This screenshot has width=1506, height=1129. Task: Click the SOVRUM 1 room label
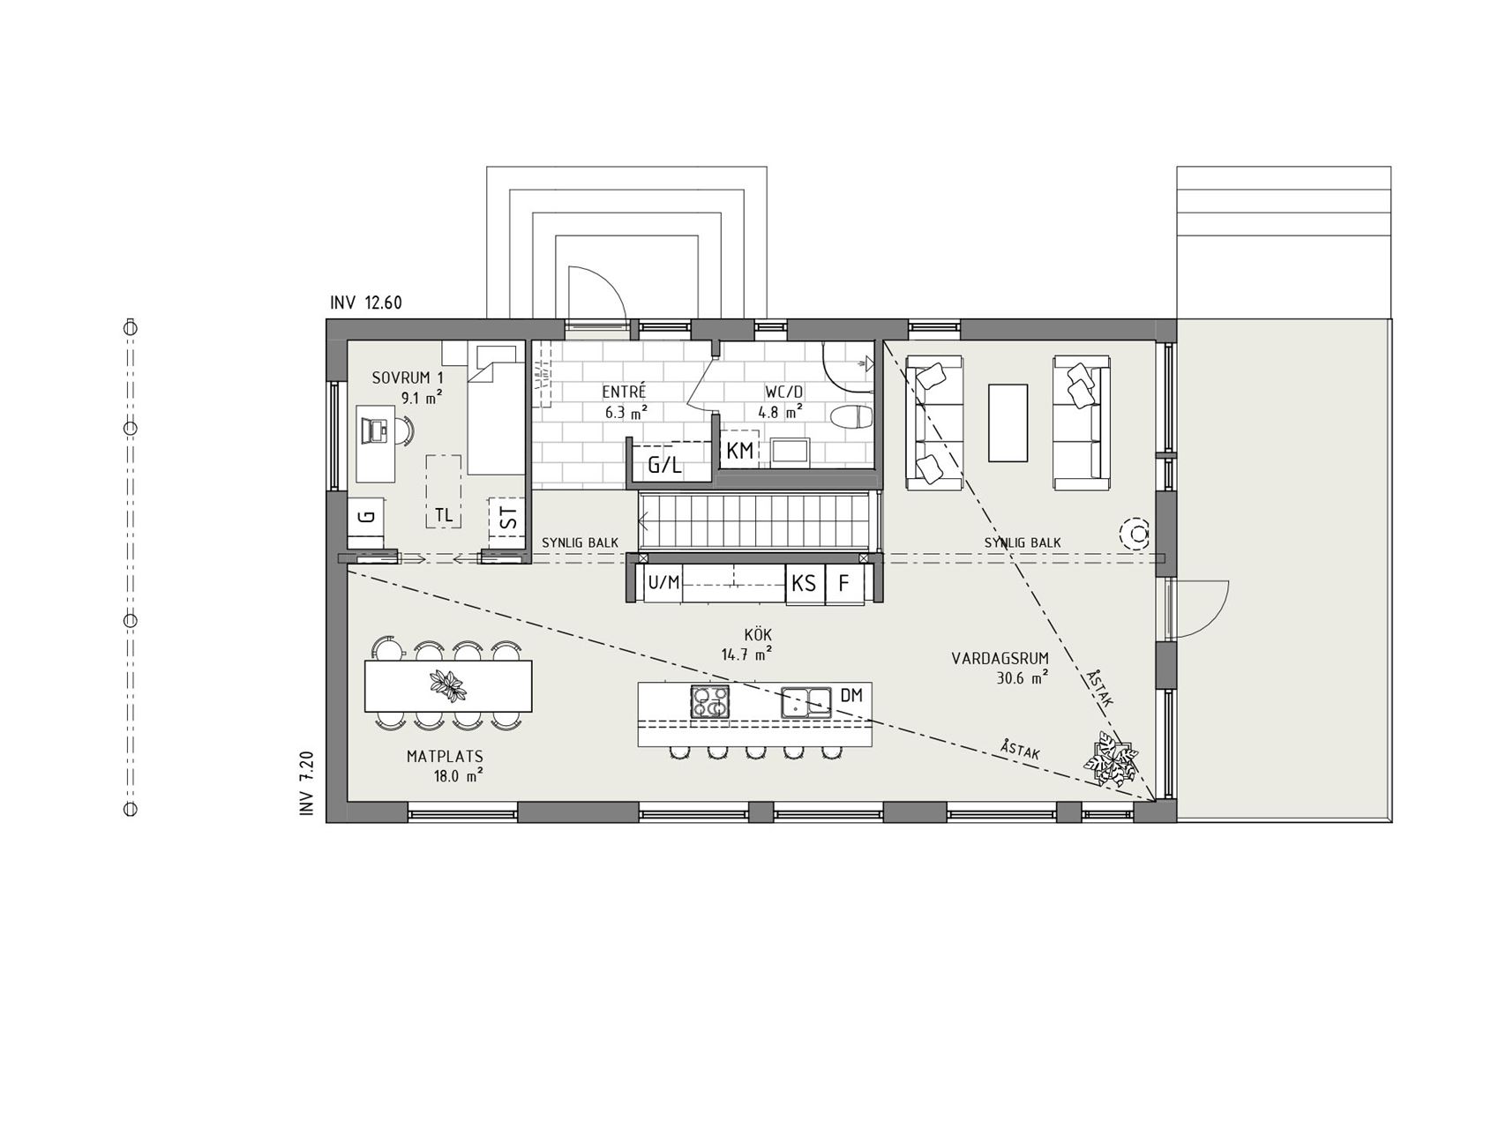[407, 378]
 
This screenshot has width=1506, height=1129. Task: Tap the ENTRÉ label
[625, 392]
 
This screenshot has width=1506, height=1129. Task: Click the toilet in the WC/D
[851, 416]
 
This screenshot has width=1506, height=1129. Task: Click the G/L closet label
[665, 466]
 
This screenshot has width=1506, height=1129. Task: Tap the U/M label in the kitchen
[663, 583]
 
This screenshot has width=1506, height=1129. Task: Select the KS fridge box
[804, 584]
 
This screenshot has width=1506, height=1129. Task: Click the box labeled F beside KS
[844, 584]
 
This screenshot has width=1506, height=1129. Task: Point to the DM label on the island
[850, 696]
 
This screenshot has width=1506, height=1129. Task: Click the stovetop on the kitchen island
[710, 702]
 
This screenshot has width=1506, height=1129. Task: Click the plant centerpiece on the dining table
[449, 685]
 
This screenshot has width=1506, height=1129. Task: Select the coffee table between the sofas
[1008, 422]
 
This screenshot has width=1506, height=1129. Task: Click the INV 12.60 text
[366, 303]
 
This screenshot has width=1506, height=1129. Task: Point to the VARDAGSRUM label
[1000, 659]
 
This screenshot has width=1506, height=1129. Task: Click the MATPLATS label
[445, 757]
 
